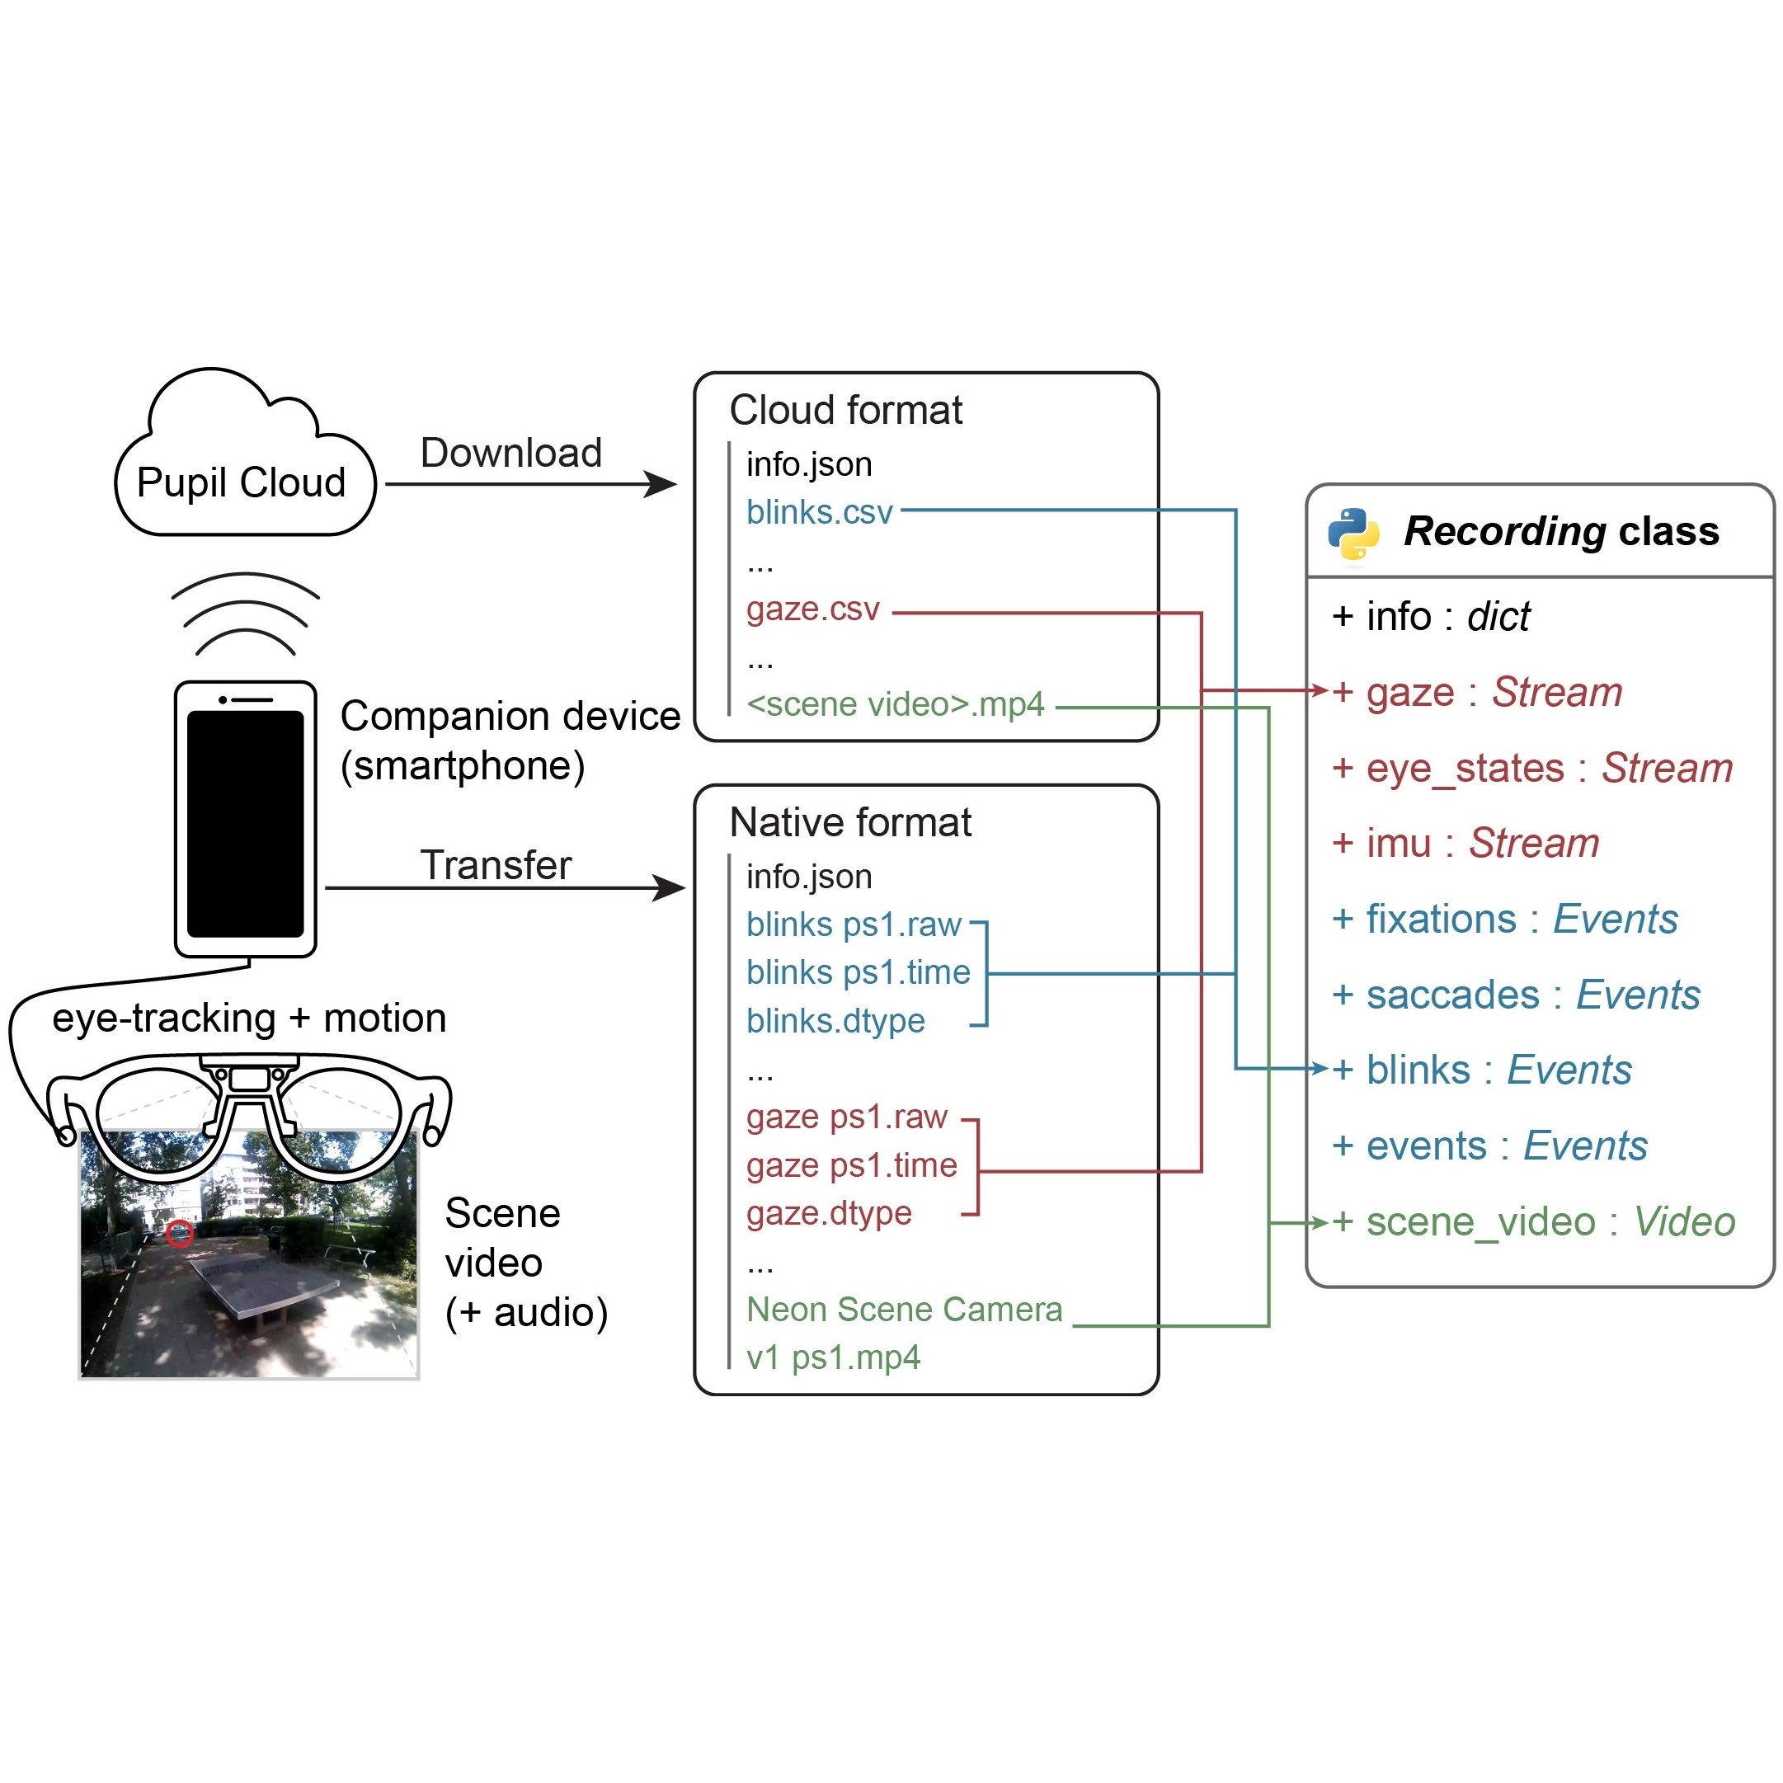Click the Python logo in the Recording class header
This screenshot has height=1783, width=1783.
tap(1354, 534)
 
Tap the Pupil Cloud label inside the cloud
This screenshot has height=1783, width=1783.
tap(241, 482)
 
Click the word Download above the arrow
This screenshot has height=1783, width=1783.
tap(511, 453)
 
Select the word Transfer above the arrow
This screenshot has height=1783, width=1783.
tap(496, 865)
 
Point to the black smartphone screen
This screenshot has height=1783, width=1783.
tap(246, 824)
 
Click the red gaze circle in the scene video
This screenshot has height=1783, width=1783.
tap(179, 1233)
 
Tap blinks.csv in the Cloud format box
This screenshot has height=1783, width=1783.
tap(820, 512)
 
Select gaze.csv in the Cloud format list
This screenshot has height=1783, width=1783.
tap(813, 609)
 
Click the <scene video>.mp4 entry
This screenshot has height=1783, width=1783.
tap(895, 704)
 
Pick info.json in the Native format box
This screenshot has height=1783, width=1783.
tap(809, 877)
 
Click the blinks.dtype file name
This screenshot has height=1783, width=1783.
tap(835, 1021)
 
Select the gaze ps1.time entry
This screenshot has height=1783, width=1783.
tap(852, 1165)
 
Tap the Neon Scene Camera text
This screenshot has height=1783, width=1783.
tap(905, 1310)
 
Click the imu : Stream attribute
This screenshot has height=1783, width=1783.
tap(1465, 843)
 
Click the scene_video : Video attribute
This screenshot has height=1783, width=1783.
tap(1533, 1222)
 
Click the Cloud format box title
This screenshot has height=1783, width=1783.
tap(845, 410)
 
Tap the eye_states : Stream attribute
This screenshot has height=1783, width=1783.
tap(1532, 768)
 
